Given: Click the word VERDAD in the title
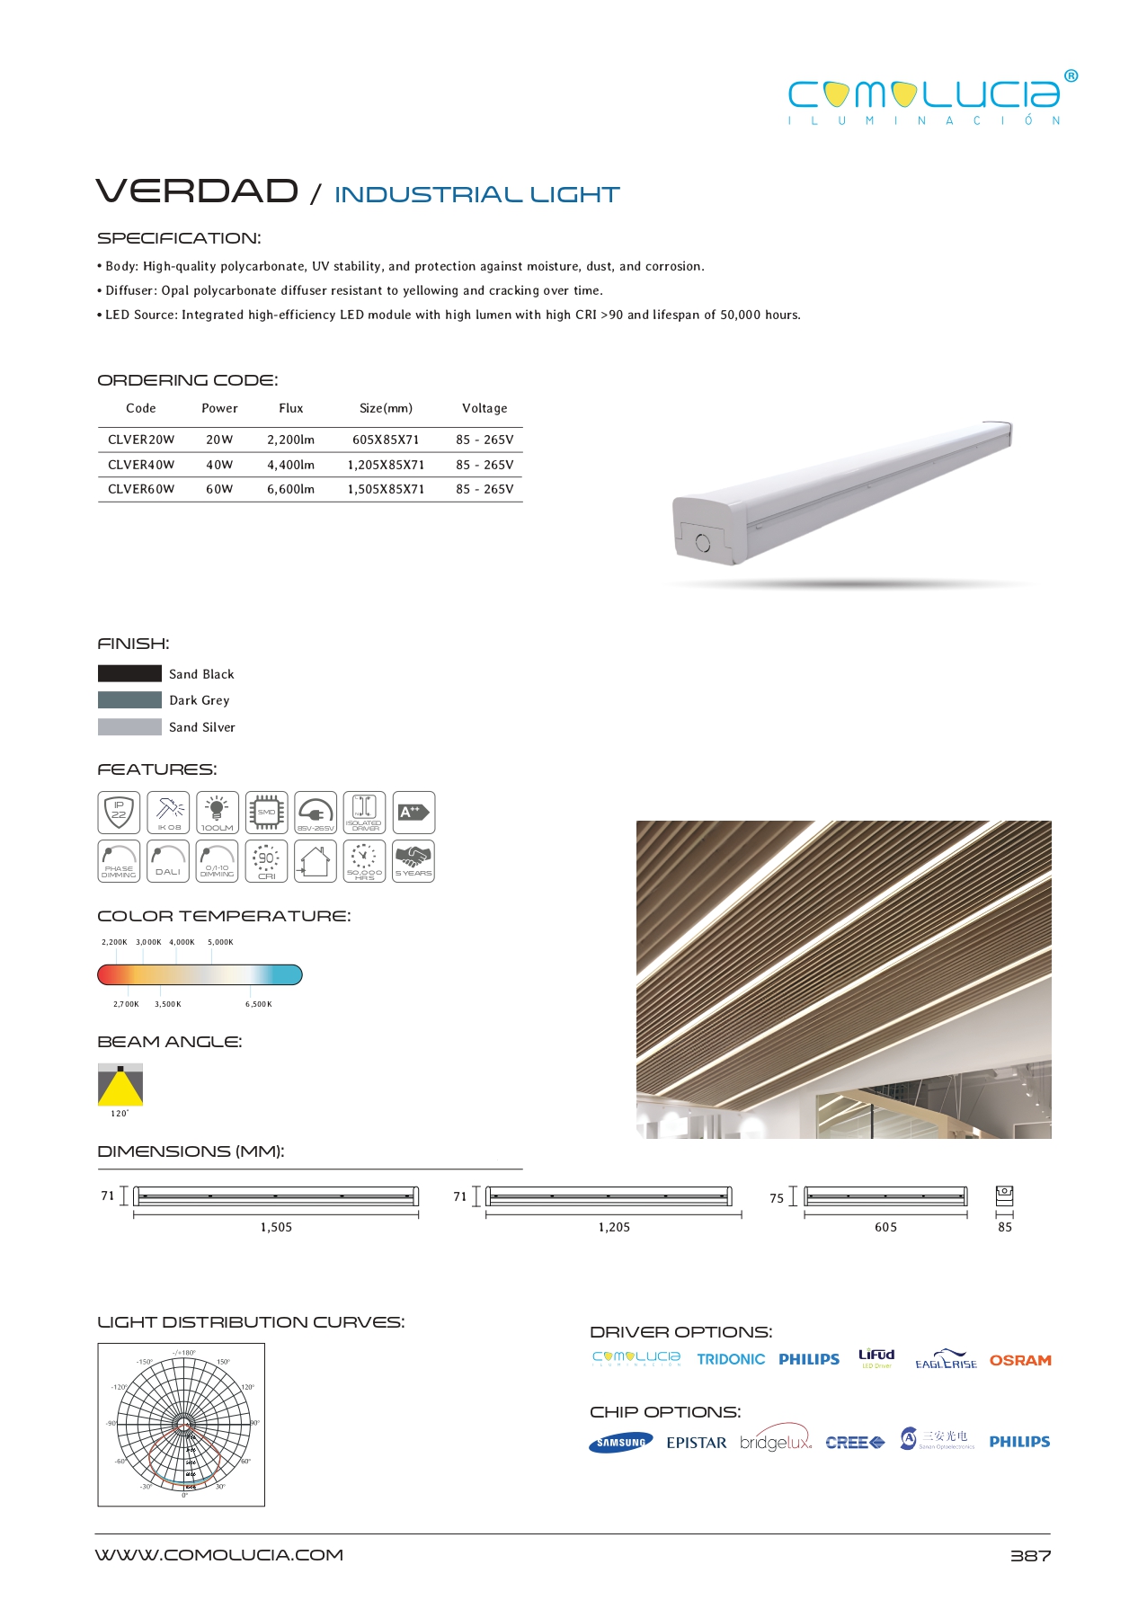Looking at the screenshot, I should (x=197, y=191).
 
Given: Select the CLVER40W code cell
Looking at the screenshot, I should (x=141, y=465).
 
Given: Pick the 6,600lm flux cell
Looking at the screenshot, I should (x=290, y=489).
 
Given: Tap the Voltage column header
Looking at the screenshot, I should (x=485, y=408).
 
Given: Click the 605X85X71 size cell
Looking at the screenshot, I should (x=386, y=440).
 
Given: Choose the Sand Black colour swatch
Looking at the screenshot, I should (x=129, y=673).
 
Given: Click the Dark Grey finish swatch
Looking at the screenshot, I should (x=129, y=699).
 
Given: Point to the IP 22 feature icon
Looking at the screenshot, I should (x=119, y=813).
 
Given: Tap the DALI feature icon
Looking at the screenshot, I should (x=167, y=861).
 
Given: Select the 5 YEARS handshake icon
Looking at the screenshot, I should (x=413, y=861).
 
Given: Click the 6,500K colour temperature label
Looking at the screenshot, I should (x=258, y=1004).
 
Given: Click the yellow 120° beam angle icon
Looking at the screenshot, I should (x=120, y=1085).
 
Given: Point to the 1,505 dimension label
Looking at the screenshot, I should (x=276, y=1227).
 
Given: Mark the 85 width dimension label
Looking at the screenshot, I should (x=1005, y=1227).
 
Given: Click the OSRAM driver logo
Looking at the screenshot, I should (x=1020, y=1360).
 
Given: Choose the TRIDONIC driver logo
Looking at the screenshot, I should (x=731, y=1359).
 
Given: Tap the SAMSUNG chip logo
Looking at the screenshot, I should (x=621, y=1443).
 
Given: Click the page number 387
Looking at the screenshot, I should (x=1030, y=1556).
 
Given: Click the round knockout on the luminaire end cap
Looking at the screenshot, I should (x=703, y=542).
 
